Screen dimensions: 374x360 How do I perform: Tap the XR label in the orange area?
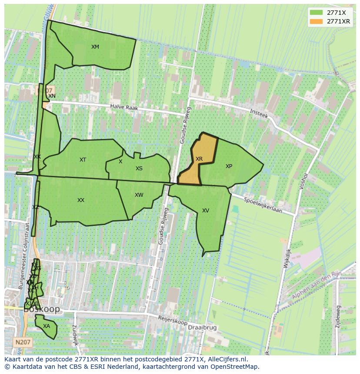coord(199,159)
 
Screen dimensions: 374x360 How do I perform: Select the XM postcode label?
coord(95,47)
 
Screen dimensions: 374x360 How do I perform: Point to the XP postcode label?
coord(229,166)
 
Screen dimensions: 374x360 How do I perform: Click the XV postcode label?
coord(206,211)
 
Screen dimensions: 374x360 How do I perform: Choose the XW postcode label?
coord(139,195)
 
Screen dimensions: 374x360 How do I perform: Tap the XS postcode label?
coord(139,169)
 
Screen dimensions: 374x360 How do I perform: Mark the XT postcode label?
coord(83,160)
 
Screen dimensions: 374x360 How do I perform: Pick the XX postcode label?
coord(81,200)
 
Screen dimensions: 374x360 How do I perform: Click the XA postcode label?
coord(47,326)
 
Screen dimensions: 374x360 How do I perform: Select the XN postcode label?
coord(52,96)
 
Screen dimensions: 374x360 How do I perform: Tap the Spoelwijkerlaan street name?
coord(263,205)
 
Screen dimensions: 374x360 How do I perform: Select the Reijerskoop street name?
coord(173,321)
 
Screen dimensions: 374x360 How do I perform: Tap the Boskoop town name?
coord(42,310)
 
